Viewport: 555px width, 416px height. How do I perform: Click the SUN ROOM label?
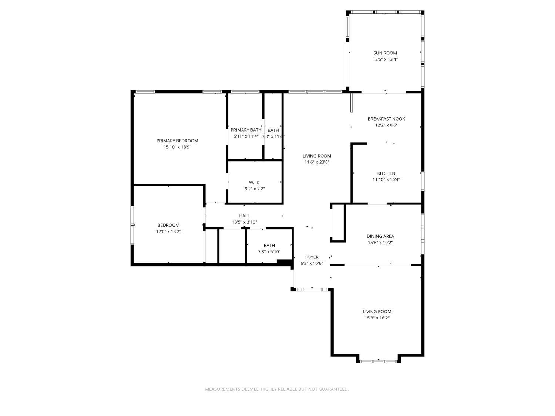(385, 53)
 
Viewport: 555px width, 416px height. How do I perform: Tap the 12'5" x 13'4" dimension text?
(385, 60)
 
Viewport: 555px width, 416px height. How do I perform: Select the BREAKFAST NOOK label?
(386, 119)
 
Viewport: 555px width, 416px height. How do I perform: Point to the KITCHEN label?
(386, 173)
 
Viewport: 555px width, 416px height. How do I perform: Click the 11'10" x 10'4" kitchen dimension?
(386, 180)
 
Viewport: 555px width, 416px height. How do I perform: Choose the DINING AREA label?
(380, 236)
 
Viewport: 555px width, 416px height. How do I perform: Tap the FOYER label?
(312, 257)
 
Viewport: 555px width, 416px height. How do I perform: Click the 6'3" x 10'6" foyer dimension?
(312, 263)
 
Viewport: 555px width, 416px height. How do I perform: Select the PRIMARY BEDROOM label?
(177, 141)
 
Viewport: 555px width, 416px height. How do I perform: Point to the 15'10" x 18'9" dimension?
(177, 147)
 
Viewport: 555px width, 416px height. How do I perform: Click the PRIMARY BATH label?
(246, 130)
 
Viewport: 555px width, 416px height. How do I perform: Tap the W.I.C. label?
(255, 182)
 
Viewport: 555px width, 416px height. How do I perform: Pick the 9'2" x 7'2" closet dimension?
(255, 189)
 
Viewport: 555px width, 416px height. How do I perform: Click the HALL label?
(245, 216)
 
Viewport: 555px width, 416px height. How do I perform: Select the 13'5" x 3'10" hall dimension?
(245, 222)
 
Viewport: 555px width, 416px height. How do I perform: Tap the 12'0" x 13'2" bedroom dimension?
(168, 231)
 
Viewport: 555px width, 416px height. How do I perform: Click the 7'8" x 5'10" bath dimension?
(269, 251)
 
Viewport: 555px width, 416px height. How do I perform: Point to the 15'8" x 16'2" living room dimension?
(377, 318)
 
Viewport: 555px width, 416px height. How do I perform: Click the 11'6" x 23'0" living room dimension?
(317, 162)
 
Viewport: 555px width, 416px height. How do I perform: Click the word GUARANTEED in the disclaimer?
(333, 389)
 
